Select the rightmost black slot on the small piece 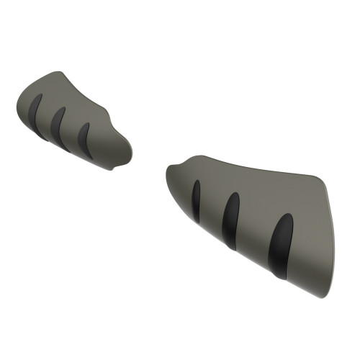coord(84,137)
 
